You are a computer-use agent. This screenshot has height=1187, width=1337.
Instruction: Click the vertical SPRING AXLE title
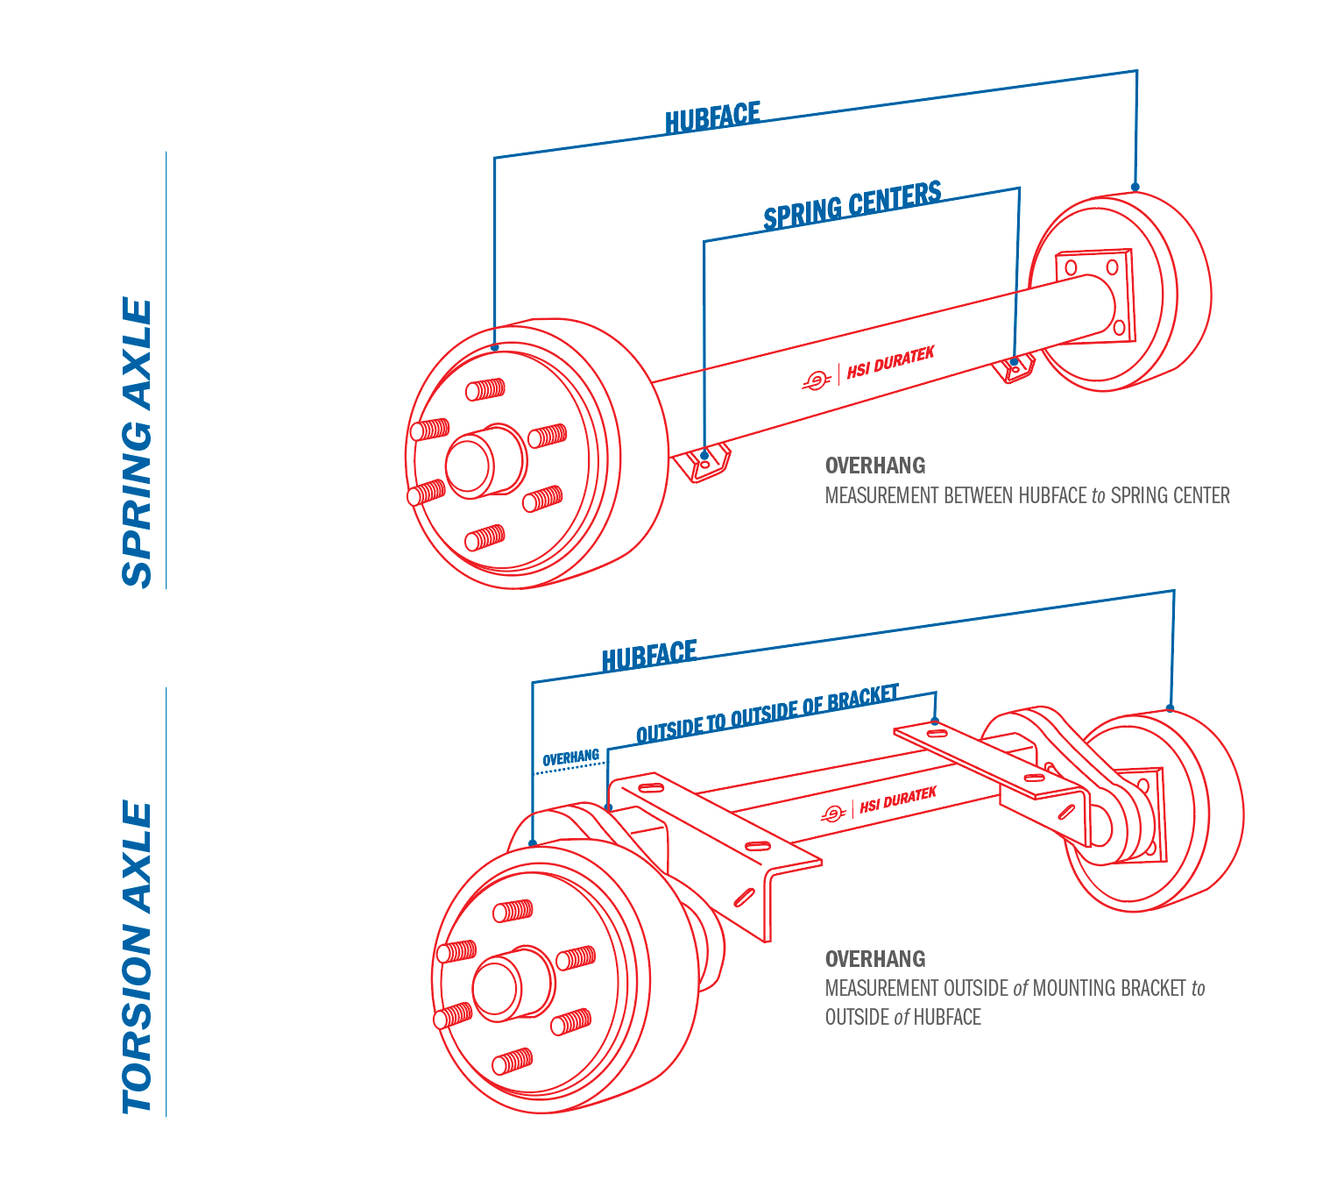138,443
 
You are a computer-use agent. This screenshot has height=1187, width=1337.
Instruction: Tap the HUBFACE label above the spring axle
712,118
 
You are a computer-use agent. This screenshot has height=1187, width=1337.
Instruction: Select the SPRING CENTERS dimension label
852,205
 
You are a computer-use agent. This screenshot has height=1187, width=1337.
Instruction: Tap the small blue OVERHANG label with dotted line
570,758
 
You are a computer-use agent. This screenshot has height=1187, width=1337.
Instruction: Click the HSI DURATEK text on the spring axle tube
890,362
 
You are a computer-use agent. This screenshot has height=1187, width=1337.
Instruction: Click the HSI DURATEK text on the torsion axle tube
897,800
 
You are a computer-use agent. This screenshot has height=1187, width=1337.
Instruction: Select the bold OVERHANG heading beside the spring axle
874,466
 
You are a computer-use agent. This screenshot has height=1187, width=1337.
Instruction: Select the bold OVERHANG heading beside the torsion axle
874,959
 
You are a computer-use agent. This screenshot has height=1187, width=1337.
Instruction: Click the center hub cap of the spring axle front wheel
469,464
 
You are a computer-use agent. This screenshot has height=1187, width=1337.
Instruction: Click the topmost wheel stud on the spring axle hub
485,389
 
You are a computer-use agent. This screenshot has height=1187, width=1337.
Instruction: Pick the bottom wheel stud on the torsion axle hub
512,1062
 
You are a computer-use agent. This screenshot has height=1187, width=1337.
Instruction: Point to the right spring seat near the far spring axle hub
1016,367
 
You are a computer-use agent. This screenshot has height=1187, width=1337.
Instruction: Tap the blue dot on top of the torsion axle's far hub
1170,708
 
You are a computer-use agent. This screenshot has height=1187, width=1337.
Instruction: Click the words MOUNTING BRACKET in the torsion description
1109,989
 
